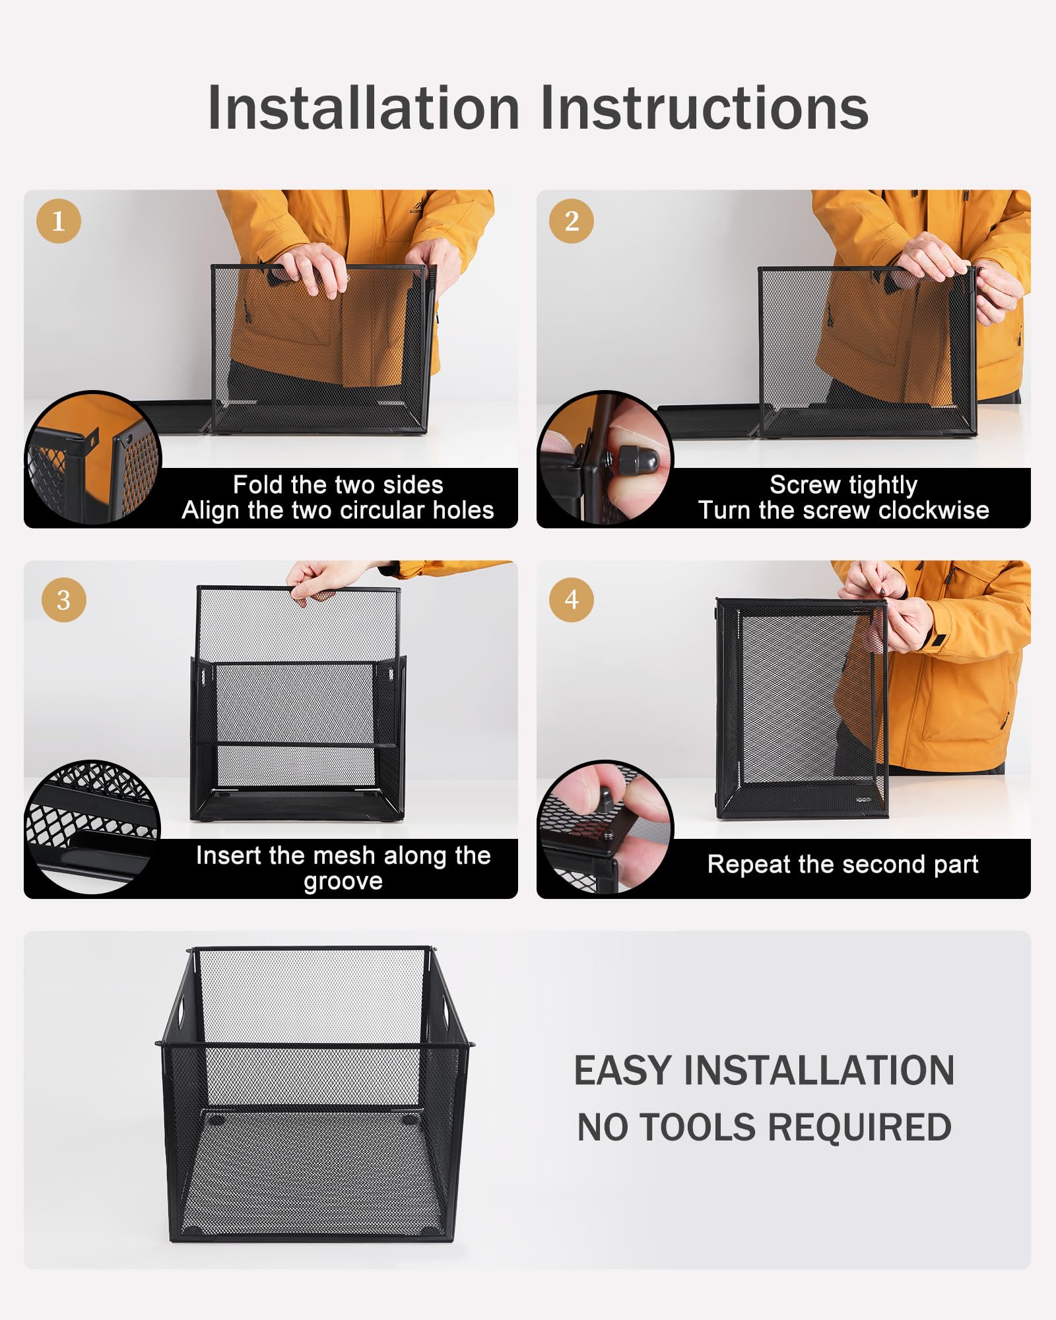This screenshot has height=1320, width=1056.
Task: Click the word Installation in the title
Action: pos(364,109)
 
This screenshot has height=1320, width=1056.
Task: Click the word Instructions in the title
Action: pos(704,109)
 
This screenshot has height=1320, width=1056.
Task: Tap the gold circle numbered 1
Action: pos(59,221)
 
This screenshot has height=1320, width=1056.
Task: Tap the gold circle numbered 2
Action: pos(572,221)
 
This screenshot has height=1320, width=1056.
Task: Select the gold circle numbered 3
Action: pos(63,600)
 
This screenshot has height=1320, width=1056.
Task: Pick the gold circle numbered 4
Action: pos(572,600)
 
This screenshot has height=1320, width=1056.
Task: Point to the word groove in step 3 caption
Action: pos(343,881)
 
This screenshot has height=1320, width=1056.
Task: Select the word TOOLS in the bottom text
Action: pos(698,1127)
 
